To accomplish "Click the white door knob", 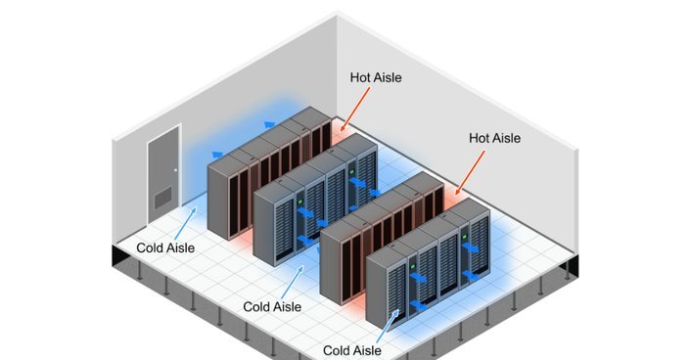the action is point(175,170).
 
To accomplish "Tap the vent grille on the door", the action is point(162,198).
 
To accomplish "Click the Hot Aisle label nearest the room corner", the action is point(376,78).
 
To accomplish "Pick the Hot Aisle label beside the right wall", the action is point(494,138).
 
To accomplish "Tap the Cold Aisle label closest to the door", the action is point(165,247).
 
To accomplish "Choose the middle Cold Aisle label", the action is point(272,307).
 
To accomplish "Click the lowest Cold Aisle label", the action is point(352,350).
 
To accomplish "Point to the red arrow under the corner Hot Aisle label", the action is point(355,108).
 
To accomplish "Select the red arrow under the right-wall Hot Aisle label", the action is point(470,172).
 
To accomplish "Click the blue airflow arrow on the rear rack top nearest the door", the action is point(218,155).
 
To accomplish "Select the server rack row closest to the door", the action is point(269,172).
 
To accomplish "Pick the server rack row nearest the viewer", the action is point(428,263).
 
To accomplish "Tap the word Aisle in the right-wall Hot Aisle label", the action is point(506,138).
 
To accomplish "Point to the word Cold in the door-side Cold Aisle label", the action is point(149,247).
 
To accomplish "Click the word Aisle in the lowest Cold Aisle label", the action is point(366,350).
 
